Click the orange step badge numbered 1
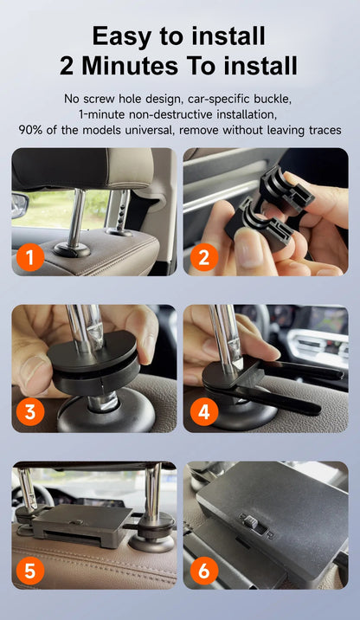click(x=30, y=257)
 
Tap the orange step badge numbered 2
click(x=204, y=257)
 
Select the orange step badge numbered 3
click(x=30, y=412)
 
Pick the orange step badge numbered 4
click(x=204, y=412)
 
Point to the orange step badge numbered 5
click(x=30, y=571)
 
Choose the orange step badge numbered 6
click(x=204, y=571)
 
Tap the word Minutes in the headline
click(x=130, y=65)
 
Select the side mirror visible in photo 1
click(x=19, y=205)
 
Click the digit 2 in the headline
click(x=67, y=66)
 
